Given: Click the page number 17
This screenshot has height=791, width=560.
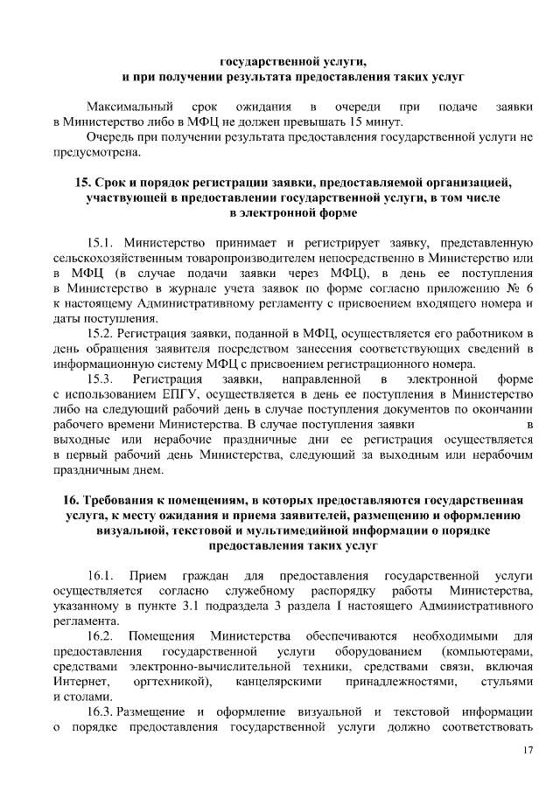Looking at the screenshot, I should coord(528,751).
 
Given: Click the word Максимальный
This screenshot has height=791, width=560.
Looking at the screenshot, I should coord(129,106).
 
